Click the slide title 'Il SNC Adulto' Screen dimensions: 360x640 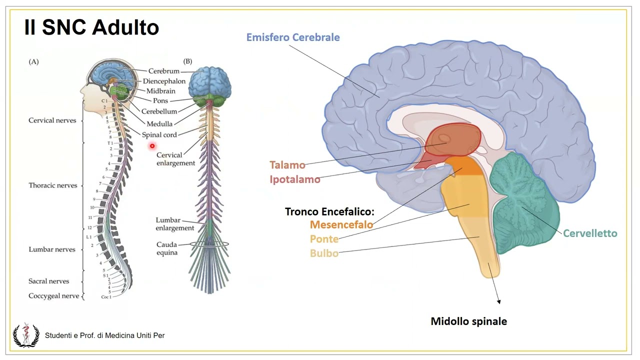coord(91,28)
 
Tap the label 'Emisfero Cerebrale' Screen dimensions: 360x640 coord(293,37)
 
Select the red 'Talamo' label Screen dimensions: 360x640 coord(287,165)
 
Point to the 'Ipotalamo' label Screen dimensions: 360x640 coord(295,179)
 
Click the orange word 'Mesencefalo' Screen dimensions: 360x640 coord(341,224)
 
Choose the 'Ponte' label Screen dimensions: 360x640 coord(324,239)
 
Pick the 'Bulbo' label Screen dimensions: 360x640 coord(324,253)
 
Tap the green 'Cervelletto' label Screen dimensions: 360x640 coord(590,233)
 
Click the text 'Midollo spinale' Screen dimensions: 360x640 coord(468,321)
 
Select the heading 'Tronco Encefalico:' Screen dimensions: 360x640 coord(329,211)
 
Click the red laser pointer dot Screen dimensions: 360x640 coord(152,146)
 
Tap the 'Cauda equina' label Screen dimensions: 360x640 coord(167,248)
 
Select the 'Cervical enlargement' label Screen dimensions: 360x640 coord(175,159)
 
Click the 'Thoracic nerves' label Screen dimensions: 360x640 coord(53,185)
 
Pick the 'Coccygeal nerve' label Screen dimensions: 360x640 coord(53,296)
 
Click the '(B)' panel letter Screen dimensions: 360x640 coord(187,61)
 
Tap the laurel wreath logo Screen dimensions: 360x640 coord(25,334)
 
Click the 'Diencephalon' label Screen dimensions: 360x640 coord(164,81)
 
